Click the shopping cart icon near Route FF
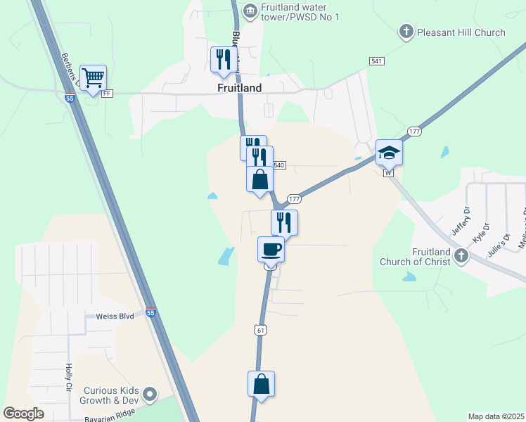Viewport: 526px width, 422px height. (93, 78)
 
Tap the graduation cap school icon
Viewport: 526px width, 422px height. (389, 153)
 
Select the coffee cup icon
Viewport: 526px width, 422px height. (271, 249)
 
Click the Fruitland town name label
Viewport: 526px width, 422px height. (239, 89)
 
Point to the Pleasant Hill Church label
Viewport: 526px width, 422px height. (461, 32)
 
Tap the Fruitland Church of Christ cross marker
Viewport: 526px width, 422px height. (461, 255)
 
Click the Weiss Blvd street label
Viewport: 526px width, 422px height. (115, 317)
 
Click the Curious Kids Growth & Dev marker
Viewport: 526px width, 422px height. (149, 393)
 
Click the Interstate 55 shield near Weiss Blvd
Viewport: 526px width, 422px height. (150, 312)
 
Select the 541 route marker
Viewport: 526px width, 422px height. (377, 61)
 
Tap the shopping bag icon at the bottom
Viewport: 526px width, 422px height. (261, 385)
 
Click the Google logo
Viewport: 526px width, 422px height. (25, 414)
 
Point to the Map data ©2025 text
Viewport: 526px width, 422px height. (496, 416)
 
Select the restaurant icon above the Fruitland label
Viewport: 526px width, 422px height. (224, 59)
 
